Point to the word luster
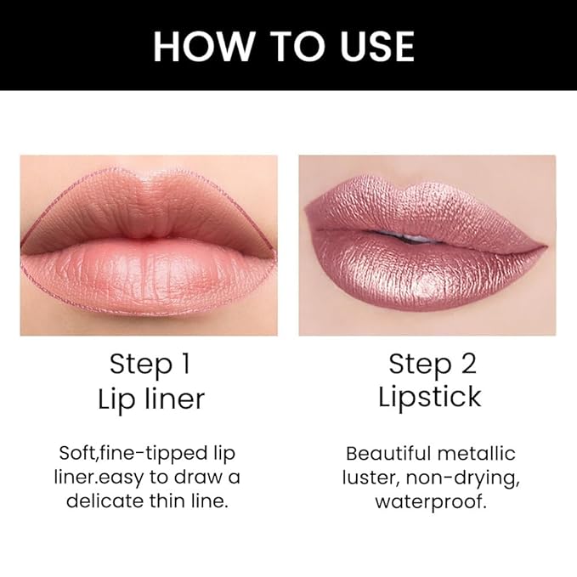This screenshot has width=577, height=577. pyautogui.click(x=368, y=477)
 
